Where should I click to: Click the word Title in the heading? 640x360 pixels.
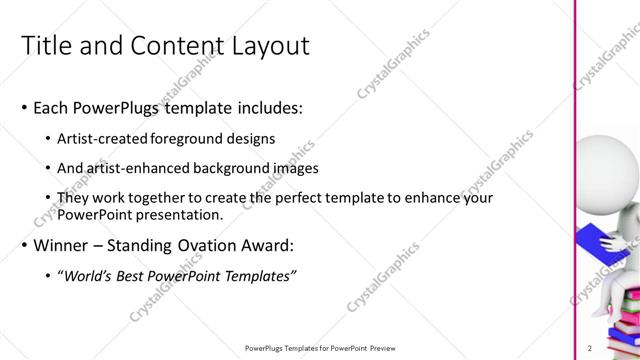[x=46, y=46]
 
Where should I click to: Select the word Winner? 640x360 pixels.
[x=62, y=245]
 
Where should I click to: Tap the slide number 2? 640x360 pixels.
[x=590, y=348]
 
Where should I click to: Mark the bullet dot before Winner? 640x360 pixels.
[x=24, y=246]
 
